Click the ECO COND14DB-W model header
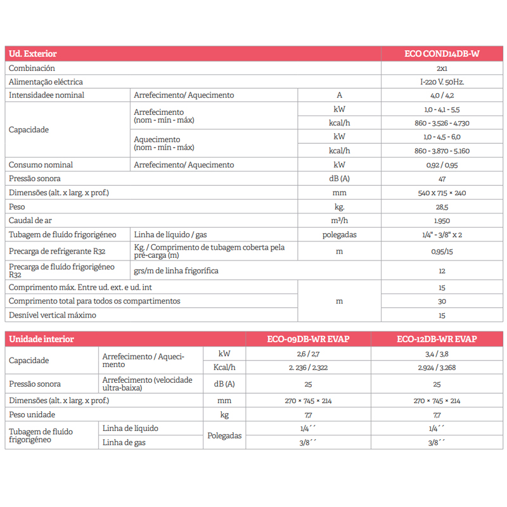pyautogui.click(x=442, y=54)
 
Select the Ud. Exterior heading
pyautogui.click(x=33, y=54)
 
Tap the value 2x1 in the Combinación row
pyautogui.click(x=442, y=68)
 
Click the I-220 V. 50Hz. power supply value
pyautogui.click(x=442, y=82)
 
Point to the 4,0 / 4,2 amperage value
pyautogui.click(x=442, y=96)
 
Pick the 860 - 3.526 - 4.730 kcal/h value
pyautogui.click(x=442, y=123)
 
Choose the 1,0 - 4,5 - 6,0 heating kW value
pyautogui.click(x=442, y=137)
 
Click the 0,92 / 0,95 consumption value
pyautogui.click(x=442, y=165)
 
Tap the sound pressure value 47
pyautogui.click(x=442, y=179)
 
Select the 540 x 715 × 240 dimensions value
pyautogui.click(x=442, y=193)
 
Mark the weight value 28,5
pyautogui.click(x=442, y=207)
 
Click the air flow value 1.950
pyautogui.click(x=442, y=221)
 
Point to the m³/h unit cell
pyautogui.click(x=339, y=221)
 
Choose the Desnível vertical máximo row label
pyautogui.click(x=53, y=315)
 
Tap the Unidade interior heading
pyautogui.click(x=41, y=339)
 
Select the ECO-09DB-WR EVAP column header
pyautogui.click(x=308, y=339)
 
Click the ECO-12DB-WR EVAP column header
pyautogui.click(x=437, y=339)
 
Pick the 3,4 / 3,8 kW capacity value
pyautogui.click(x=437, y=353)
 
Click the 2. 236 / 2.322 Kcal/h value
pyautogui.click(x=308, y=368)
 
